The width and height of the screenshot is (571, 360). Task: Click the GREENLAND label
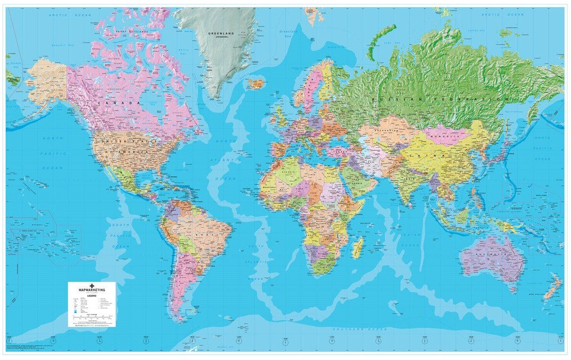pos(220,33)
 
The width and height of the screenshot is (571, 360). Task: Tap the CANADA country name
pos(111,103)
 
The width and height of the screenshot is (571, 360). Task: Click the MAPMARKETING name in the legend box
pos(91,290)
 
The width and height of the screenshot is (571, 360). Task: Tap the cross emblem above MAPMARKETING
pos(91,285)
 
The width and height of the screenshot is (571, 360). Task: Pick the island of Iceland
pos(256,84)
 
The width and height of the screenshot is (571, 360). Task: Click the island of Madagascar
pos(358,247)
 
